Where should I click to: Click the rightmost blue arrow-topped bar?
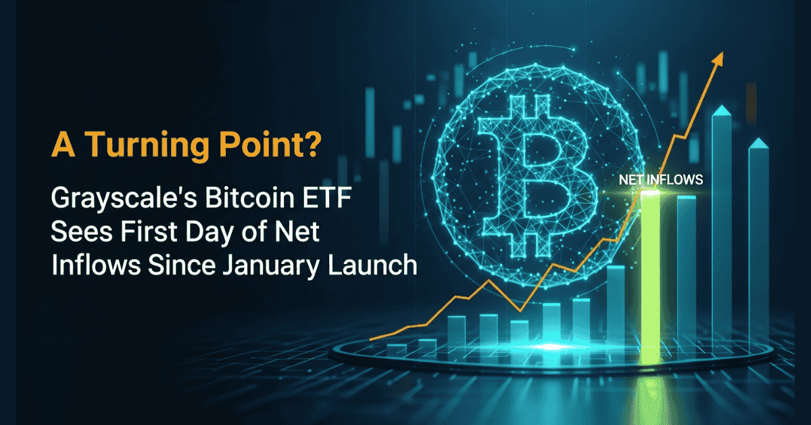coord(758,237)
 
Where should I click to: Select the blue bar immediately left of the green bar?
coord(616,305)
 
